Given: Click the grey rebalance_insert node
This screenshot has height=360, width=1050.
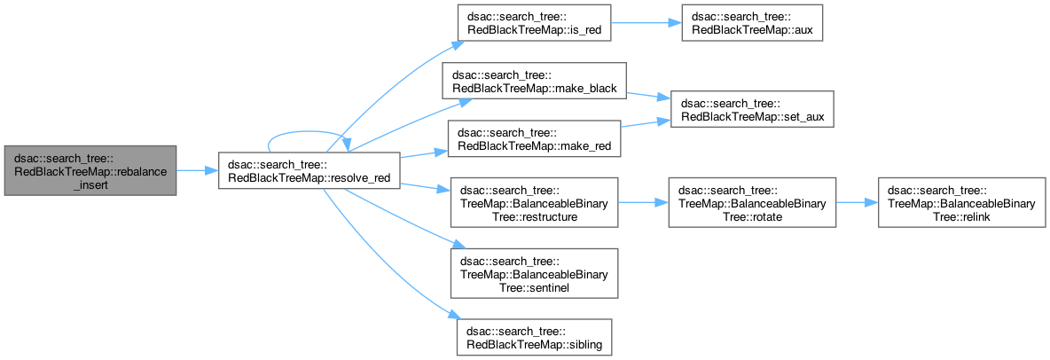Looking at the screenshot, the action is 90,170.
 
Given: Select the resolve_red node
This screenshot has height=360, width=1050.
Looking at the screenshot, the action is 310,170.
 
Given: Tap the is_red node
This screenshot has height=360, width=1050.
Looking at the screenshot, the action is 535,23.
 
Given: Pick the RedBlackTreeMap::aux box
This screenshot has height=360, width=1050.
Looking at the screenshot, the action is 752,23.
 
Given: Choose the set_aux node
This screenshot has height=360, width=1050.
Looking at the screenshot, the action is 752,109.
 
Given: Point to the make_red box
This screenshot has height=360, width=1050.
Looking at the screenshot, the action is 535,138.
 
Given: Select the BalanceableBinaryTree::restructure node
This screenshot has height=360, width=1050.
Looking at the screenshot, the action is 534,201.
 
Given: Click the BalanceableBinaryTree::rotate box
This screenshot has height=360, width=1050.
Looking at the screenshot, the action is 752,201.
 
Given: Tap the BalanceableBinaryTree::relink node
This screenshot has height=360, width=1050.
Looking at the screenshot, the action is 961,201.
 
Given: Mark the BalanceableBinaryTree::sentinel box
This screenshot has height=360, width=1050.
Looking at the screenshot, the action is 534,273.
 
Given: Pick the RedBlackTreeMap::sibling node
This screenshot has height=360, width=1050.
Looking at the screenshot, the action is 535,337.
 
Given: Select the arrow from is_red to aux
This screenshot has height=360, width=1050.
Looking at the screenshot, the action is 646,23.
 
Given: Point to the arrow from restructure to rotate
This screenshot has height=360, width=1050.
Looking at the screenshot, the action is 643,201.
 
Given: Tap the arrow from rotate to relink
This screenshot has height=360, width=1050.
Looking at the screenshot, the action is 857,201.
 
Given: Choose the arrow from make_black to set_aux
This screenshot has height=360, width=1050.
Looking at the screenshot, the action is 648,96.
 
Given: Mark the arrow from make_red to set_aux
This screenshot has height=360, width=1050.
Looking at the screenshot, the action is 646,123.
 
